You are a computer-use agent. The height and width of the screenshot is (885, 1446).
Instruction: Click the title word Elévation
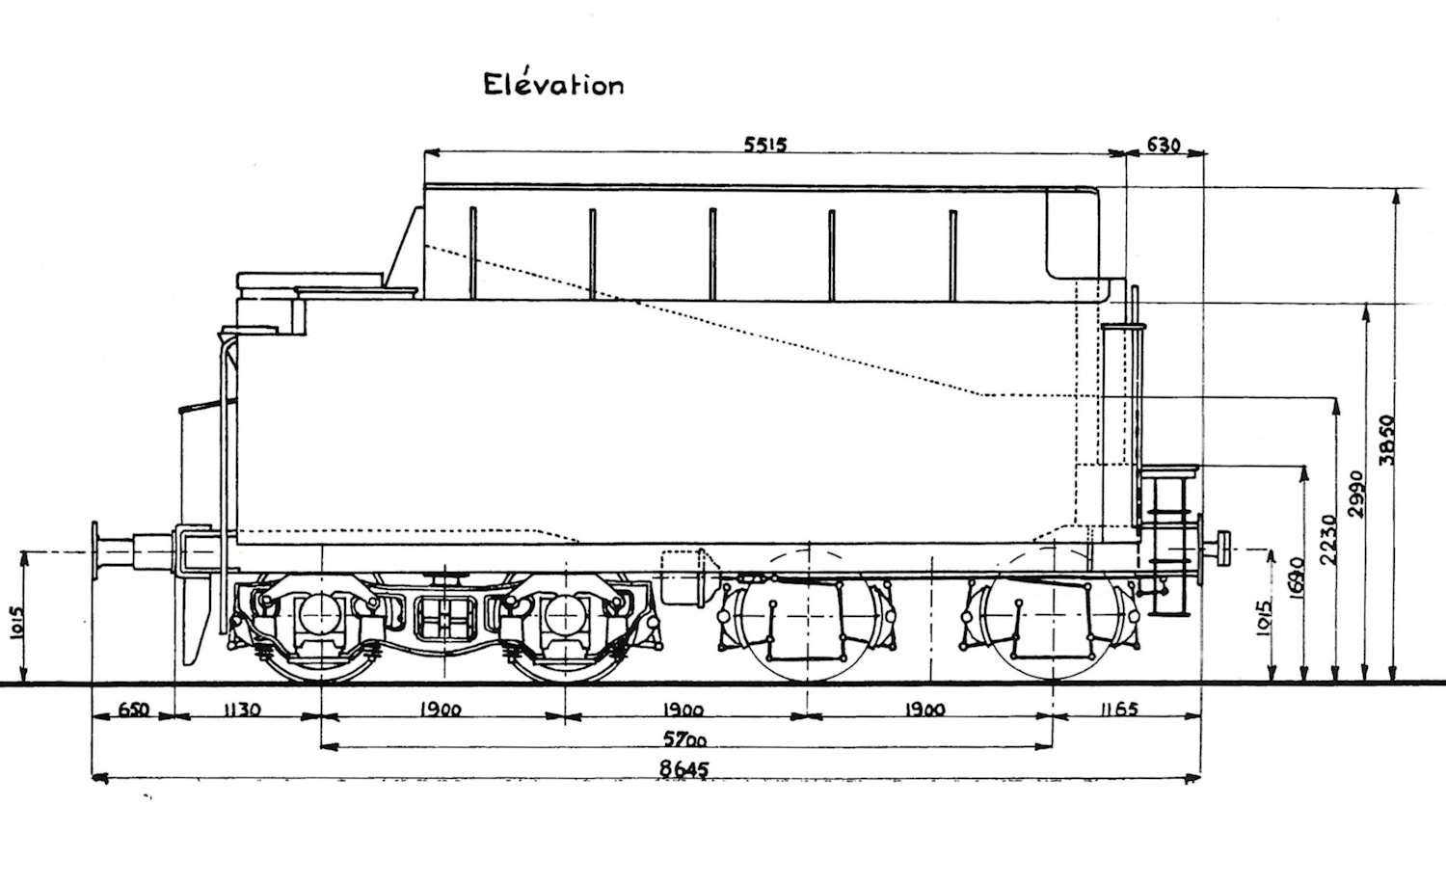[x=552, y=84]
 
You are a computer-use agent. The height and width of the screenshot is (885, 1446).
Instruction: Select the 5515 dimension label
[x=765, y=145]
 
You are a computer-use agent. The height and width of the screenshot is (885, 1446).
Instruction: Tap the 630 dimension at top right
[x=1164, y=145]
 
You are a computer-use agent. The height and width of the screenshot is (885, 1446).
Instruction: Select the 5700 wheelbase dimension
[x=685, y=739]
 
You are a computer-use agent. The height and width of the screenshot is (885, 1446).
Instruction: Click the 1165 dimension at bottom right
[x=1117, y=710]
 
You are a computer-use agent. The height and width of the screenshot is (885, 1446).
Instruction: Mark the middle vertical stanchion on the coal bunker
[x=712, y=254]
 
